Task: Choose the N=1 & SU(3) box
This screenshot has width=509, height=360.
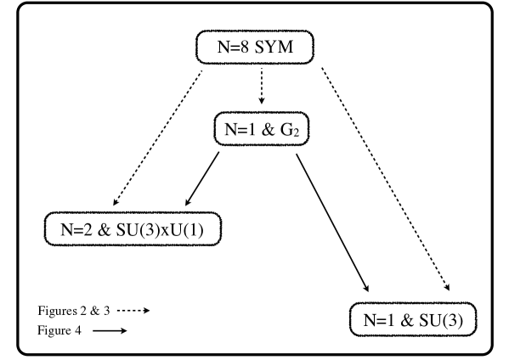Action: click(x=414, y=320)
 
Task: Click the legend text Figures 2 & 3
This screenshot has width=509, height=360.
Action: click(x=74, y=311)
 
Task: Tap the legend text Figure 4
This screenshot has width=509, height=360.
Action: click(x=59, y=331)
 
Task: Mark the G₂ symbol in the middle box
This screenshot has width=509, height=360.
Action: click(x=294, y=131)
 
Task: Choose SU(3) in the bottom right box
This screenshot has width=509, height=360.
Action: click(x=445, y=320)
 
